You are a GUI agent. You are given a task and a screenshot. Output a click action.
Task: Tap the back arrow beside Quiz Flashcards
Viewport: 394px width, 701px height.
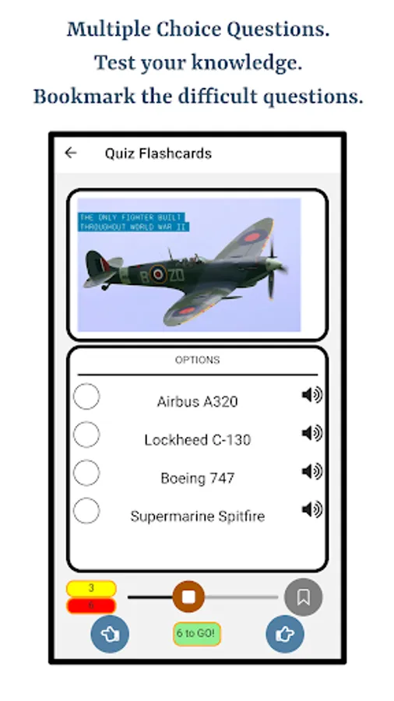point(71,153)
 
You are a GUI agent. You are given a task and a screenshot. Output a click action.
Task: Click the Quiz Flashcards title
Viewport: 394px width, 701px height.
point(158,153)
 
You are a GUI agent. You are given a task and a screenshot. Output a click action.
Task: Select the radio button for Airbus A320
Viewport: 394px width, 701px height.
point(86,396)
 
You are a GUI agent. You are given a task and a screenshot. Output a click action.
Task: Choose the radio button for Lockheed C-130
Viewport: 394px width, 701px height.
point(86,435)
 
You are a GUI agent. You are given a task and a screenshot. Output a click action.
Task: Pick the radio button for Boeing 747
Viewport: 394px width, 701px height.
point(86,473)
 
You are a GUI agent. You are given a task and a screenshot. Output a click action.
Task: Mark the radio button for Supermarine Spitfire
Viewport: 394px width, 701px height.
point(86,511)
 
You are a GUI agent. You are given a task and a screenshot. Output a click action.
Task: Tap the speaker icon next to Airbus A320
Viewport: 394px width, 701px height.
point(311,396)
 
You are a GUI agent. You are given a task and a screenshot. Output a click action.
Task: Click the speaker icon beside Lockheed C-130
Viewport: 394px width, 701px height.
point(311,433)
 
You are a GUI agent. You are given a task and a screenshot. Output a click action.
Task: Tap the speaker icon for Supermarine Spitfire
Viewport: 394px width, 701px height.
point(311,509)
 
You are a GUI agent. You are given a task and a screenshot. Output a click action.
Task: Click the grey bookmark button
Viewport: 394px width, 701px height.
point(303,597)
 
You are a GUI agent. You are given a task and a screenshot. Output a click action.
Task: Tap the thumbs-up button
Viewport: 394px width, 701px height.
point(284,634)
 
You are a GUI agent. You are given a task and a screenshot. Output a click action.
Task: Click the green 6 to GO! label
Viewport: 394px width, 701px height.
point(197,633)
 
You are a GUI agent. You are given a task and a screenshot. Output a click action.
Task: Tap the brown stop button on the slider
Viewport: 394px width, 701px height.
point(188,597)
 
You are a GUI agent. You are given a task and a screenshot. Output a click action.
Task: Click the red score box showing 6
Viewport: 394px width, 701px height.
point(91,605)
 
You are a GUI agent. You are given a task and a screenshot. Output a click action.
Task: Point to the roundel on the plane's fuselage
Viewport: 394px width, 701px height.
point(158,273)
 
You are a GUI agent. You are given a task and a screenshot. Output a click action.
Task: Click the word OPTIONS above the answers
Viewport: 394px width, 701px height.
point(197,360)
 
